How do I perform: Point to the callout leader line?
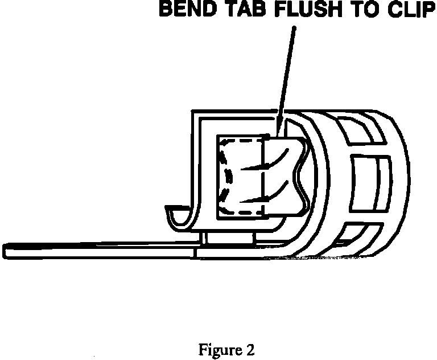[287, 74]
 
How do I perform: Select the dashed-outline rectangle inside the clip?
[241, 177]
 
